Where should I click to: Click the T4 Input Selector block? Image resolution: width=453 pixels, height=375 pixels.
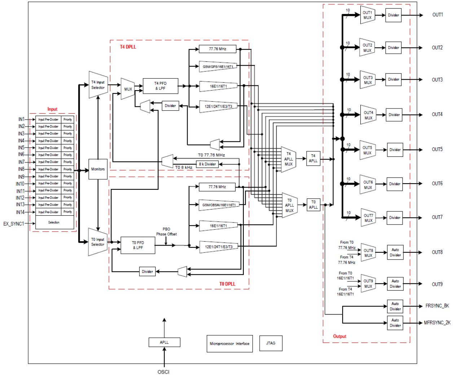coord(98,85)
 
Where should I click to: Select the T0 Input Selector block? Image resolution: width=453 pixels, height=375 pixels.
coord(97,242)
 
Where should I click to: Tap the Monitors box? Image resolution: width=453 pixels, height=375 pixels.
coord(98,169)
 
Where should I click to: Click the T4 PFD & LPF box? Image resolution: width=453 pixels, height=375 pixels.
coord(160,86)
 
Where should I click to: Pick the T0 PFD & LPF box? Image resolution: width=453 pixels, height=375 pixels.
coord(138,245)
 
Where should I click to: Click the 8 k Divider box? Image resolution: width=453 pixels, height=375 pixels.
coord(207,164)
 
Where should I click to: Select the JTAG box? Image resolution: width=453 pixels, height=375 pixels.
coord(271,343)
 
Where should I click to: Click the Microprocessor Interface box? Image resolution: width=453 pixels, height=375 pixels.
coord(229,344)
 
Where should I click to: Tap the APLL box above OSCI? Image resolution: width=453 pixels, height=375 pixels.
coord(164,342)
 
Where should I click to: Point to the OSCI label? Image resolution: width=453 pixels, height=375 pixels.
coord(163,372)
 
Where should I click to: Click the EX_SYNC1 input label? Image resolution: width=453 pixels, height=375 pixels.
coord(14,224)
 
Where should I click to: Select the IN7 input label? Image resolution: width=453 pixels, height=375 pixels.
coord(22,162)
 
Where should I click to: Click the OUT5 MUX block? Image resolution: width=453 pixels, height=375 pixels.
coord(368,150)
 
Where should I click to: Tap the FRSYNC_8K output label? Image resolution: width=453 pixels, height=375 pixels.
coord(437,306)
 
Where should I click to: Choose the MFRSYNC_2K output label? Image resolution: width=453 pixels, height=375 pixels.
coord(437,323)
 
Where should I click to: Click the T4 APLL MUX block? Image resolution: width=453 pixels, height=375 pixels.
coord(289,159)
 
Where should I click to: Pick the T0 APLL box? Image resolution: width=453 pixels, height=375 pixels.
coord(313,204)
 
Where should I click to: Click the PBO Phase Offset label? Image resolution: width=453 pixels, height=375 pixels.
coord(166,231)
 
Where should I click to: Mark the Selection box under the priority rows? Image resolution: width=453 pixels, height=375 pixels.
coord(54,222)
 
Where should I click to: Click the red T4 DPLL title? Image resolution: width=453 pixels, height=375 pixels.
coord(128,47)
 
